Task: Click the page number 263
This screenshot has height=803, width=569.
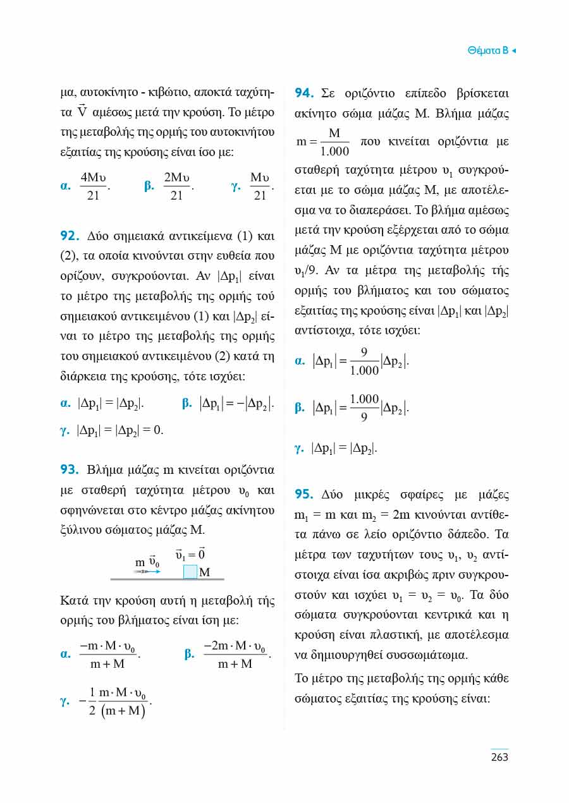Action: coord(499,757)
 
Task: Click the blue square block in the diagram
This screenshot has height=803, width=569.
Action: coord(190,572)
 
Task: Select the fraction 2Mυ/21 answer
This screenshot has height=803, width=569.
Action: coord(176,186)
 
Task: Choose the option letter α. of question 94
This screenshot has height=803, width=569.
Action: coord(301,361)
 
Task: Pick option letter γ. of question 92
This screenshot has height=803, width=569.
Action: coord(64,430)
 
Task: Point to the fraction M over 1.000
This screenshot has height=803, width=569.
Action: coord(334,142)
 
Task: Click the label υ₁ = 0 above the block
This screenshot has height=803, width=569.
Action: coord(190,554)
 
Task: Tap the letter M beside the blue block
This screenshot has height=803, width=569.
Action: coord(204,572)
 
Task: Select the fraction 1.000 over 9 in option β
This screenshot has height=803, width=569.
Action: coord(364,408)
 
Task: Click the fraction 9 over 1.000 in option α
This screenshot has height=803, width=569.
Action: coord(364,361)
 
